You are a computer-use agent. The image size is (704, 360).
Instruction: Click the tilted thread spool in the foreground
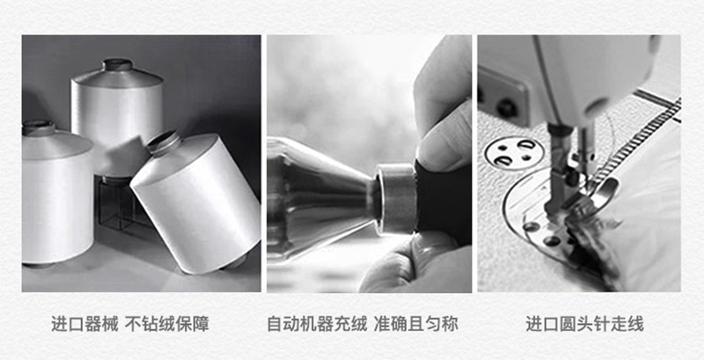[195, 202]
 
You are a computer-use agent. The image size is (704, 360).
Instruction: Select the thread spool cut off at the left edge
[56, 193]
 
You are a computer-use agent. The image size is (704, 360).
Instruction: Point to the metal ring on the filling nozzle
[395, 198]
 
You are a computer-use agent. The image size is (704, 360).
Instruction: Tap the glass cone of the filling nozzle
[319, 197]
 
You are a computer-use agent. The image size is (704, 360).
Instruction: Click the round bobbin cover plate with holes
[515, 153]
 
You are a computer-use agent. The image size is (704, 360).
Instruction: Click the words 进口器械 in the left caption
[84, 324]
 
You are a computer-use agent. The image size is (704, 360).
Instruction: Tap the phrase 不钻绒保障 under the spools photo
[166, 324]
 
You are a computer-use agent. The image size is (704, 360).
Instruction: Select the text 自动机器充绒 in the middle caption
[317, 324]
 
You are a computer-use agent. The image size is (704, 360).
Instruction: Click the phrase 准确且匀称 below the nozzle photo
[415, 324]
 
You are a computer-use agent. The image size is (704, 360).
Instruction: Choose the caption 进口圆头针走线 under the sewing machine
[584, 324]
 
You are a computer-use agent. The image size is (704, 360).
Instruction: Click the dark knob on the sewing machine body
[507, 107]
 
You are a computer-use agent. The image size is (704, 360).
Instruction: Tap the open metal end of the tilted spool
[164, 143]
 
